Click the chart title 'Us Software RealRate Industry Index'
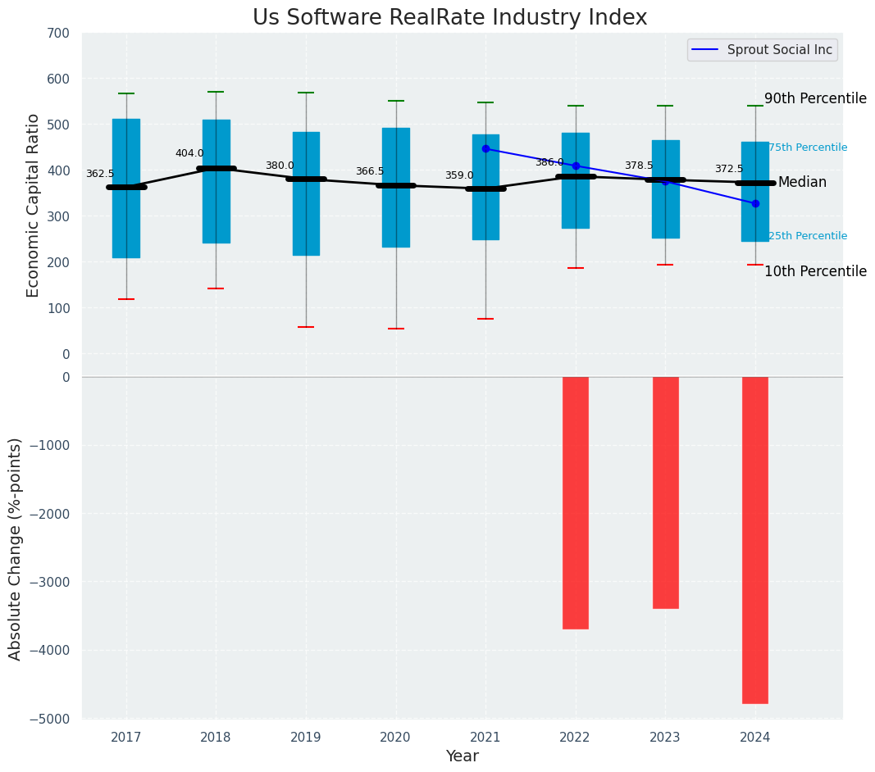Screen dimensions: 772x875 tap(449, 18)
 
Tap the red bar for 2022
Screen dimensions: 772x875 tap(576, 502)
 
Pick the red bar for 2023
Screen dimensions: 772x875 tap(665, 493)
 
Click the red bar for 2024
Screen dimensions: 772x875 tap(755, 540)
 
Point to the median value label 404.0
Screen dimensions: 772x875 tap(189, 153)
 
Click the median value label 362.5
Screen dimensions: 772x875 tap(100, 174)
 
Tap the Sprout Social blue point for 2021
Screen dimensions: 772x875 tap(485, 149)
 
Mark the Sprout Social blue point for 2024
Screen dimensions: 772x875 tap(755, 203)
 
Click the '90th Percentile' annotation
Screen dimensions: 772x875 tap(815, 99)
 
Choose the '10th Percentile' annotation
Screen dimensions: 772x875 tap(815, 272)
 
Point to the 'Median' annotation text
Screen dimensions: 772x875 tap(802, 183)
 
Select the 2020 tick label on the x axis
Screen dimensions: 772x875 tap(395, 738)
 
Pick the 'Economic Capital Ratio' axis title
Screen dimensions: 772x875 tap(34, 205)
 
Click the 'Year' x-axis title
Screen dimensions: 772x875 tap(463, 756)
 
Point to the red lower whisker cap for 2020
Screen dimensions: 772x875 tap(396, 329)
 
